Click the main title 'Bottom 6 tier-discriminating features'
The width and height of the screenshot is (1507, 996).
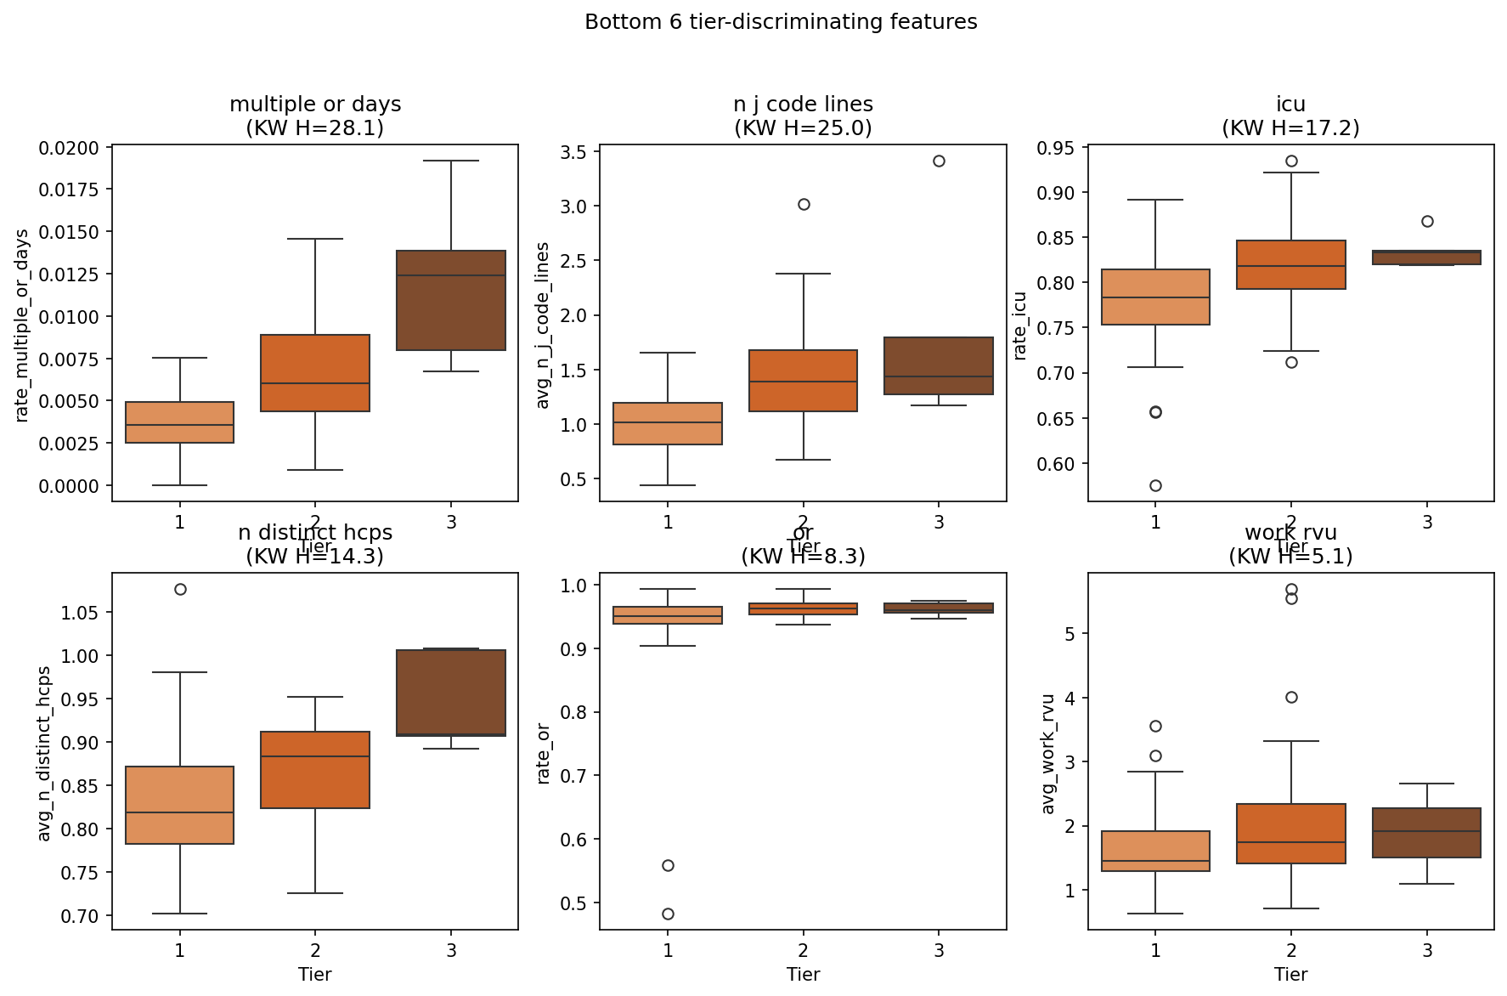click(781, 22)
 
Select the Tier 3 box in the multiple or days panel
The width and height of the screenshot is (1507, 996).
click(451, 300)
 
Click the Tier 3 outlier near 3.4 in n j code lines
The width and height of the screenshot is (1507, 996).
click(939, 161)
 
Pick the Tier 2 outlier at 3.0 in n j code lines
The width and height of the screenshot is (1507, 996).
click(804, 204)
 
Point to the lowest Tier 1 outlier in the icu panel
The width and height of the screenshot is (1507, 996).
click(1155, 485)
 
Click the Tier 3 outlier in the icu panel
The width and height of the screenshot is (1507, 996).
click(1427, 221)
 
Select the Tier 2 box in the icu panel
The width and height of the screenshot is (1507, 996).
click(1291, 265)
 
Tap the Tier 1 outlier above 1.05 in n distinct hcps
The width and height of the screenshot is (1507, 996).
click(180, 589)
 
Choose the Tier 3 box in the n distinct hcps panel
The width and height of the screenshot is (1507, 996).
click(451, 693)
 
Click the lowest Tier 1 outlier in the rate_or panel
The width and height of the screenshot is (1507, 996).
click(668, 914)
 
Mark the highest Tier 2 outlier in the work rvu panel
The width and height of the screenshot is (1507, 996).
click(1291, 589)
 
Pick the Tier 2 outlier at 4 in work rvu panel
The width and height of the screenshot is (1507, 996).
click(1291, 697)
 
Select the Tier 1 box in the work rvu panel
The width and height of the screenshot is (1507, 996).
click(1155, 851)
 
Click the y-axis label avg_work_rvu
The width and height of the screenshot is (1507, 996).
click(1048, 754)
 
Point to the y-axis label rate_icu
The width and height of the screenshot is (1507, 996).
click(1020, 325)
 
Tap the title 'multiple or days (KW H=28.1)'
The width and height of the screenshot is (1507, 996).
click(315, 116)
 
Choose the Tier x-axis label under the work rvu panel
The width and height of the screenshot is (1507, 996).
click(1290, 975)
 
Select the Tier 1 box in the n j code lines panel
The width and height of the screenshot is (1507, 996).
click(668, 423)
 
